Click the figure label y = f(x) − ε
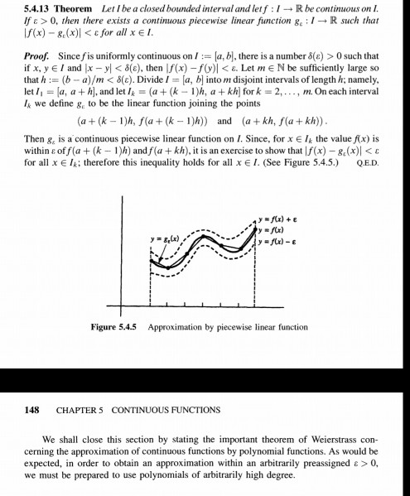coord(279,240)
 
